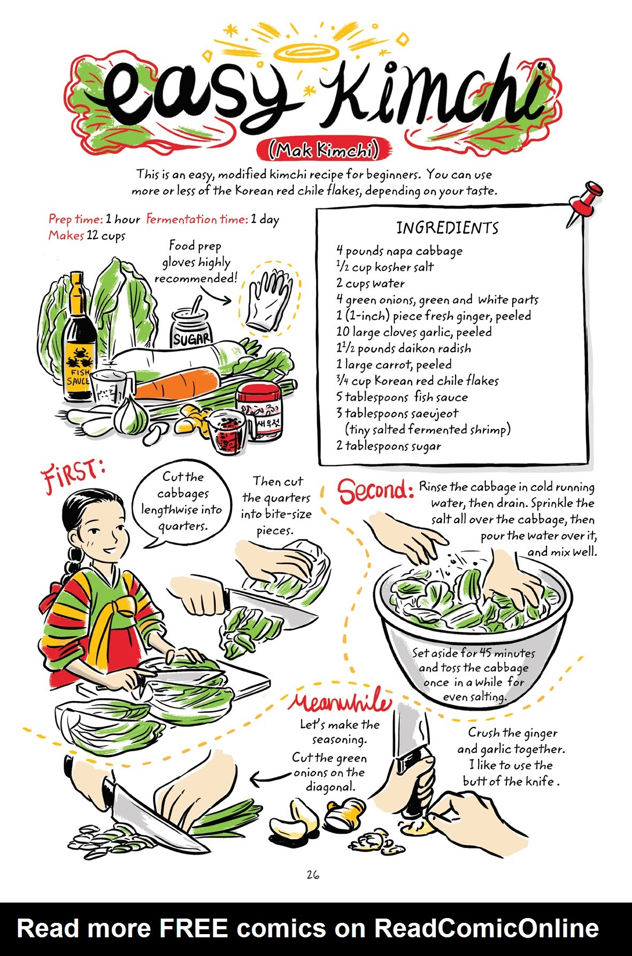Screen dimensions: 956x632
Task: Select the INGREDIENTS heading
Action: tap(447, 228)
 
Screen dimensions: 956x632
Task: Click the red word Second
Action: tap(375, 491)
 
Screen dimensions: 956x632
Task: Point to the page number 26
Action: tap(313, 875)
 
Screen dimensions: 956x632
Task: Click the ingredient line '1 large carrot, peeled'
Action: tap(394, 365)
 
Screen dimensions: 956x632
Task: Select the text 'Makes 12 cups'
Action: tap(87, 236)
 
